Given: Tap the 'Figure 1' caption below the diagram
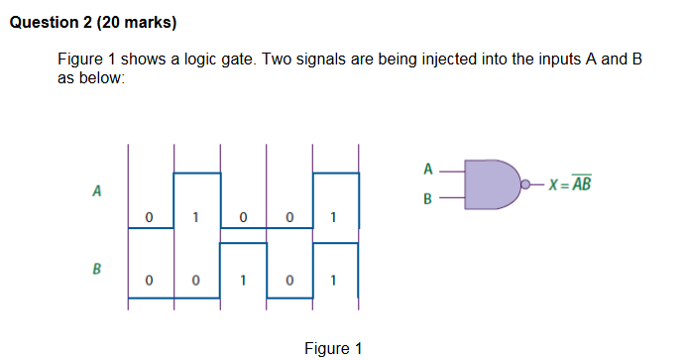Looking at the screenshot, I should [x=333, y=348].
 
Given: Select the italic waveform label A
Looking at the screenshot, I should [x=96, y=190].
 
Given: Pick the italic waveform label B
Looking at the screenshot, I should [x=96, y=268].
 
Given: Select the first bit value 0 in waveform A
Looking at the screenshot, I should [x=149, y=215].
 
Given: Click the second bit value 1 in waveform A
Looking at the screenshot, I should [x=195, y=215].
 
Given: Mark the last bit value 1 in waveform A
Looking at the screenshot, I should [x=334, y=215].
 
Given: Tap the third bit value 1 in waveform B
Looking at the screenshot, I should [x=242, y=281].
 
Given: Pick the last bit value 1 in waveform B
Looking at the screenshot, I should [x=334, y=281].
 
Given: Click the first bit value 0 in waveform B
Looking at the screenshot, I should [x=149, y=281].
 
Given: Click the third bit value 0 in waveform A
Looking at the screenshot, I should [x=242, y=215].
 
